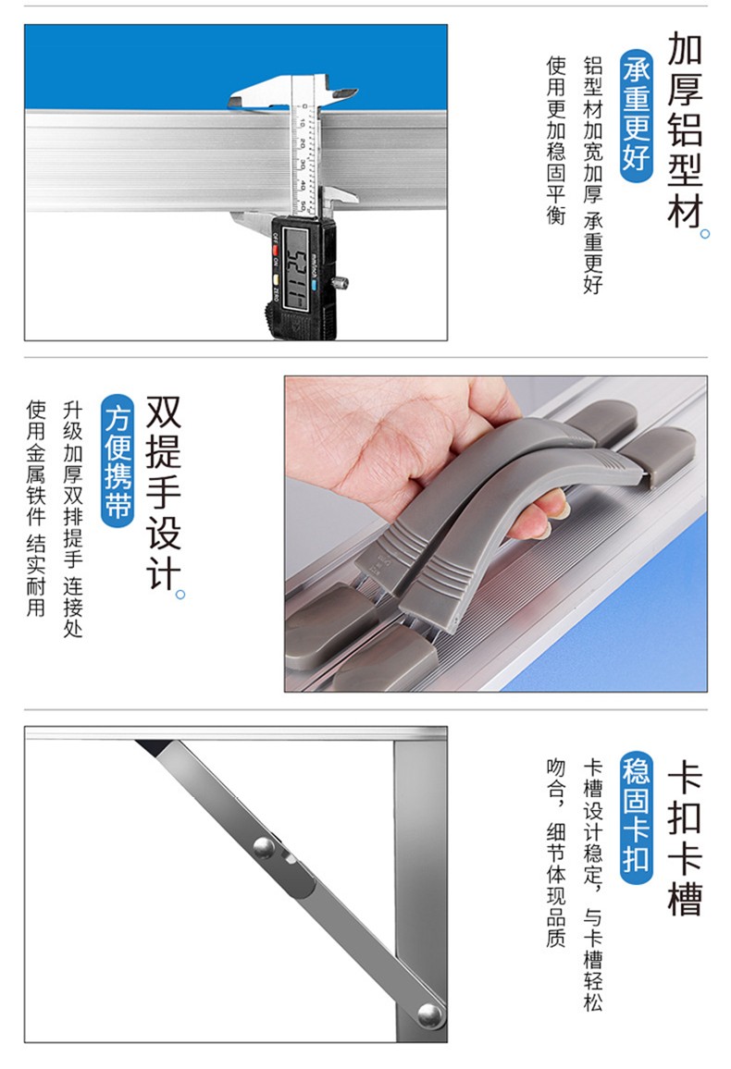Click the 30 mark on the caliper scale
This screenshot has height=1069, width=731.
tap(302, 165)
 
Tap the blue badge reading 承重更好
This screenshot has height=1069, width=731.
tap(637, 116)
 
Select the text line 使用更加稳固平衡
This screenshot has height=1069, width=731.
tap(556, 141)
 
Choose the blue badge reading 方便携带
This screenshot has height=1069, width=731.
tap(118, 461)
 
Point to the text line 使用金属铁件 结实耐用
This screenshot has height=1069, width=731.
tap(36, 509)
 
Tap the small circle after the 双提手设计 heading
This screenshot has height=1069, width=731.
tap(180, 595)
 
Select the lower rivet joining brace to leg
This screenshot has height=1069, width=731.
tap(429, 1015)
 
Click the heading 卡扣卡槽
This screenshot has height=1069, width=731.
tap(685, 837)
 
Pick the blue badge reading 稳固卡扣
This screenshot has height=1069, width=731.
tap(637, 818)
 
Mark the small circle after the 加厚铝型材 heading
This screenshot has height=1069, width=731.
tap(705, 234)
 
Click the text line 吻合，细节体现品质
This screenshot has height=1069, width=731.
tap(556, 853)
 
